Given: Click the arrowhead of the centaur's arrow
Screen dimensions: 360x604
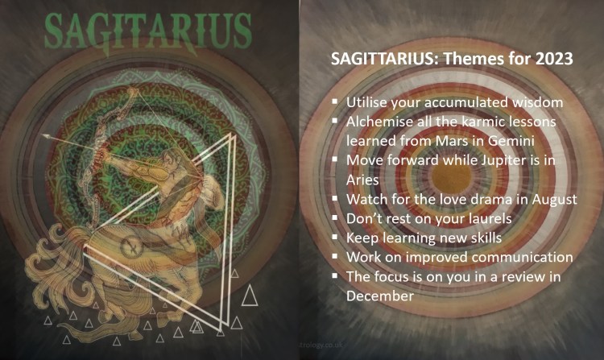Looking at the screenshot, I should (46, 138).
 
